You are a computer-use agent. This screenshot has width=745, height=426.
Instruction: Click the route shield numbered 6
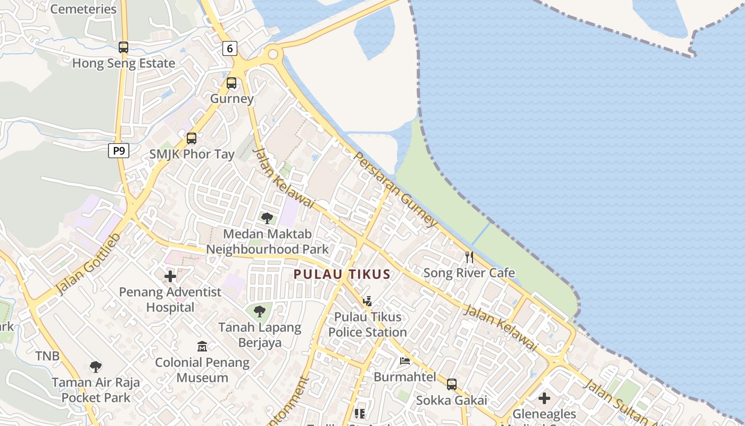[x=229, y=48]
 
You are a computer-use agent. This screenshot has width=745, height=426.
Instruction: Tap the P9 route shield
[x=119, y=151]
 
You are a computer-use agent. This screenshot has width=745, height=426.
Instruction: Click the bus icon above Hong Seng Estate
[x=123, y=47]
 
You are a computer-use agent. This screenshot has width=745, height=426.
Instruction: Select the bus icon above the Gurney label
[x=231, y=83]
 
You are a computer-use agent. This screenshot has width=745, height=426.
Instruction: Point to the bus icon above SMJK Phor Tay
[x=192, y=138]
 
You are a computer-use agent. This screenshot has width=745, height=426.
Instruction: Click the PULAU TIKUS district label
[x=342, y=274]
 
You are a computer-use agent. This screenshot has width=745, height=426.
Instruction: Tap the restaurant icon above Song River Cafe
[x=469, y=257]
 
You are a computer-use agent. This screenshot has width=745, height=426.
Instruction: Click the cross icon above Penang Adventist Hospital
[x=170, y=276]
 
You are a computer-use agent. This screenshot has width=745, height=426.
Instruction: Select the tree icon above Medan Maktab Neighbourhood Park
[x=267, y=218]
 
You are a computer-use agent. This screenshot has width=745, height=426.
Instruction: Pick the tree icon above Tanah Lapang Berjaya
[x=260, y=312]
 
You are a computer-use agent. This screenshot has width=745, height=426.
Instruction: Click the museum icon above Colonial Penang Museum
[x=202, y=347]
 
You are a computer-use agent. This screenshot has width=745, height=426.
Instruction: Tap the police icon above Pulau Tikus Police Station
[x=367, y=301]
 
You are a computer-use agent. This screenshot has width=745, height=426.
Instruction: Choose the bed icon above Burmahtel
[x=405, y=361]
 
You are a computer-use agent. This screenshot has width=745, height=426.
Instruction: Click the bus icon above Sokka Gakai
[x=452, y=384]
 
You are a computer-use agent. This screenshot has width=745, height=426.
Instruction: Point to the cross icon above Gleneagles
[x=544, y=398]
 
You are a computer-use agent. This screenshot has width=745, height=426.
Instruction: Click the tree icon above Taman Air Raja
[x=96, y=366]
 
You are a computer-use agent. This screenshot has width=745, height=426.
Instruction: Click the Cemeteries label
[x=83, y=9]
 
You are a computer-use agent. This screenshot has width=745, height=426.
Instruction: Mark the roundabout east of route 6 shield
[x=274, y=53]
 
